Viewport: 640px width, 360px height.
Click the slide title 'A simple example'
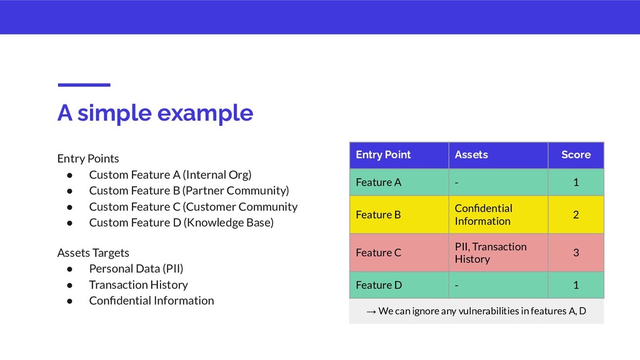click(x=155, y=113)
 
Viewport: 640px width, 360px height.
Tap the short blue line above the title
click(x=84, y=85)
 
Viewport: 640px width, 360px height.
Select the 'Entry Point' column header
click(x=383, y=155)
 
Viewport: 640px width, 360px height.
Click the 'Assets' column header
click(x=471, y=155)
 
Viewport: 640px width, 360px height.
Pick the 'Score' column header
click(x=576, y=155)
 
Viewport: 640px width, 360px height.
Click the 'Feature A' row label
click(x=378, y=182)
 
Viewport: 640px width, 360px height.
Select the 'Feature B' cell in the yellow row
click(x=378, y=215)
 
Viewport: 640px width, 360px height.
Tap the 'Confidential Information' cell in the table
click(x=484, y=215)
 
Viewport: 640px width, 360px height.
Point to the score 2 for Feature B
click(x=576, y=215)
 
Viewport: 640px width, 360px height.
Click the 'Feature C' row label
click(x=378, y=252)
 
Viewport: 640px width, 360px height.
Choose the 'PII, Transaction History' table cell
click(x=491, y=252)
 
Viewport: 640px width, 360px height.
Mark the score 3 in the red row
click(x=576, y=252)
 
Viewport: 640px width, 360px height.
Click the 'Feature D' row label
click(x=379, y=285)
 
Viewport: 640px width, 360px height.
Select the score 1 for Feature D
click(x=576, y=285)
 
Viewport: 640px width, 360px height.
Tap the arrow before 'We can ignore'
click(x=371, y=312)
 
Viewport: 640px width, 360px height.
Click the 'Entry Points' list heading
click(x=88, y=158)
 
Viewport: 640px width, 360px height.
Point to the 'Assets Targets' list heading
click(x=93, y=253)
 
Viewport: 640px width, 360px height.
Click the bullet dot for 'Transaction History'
click(x=70, y=285)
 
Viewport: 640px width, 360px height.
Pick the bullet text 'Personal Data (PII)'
click(x=136, y=269)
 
